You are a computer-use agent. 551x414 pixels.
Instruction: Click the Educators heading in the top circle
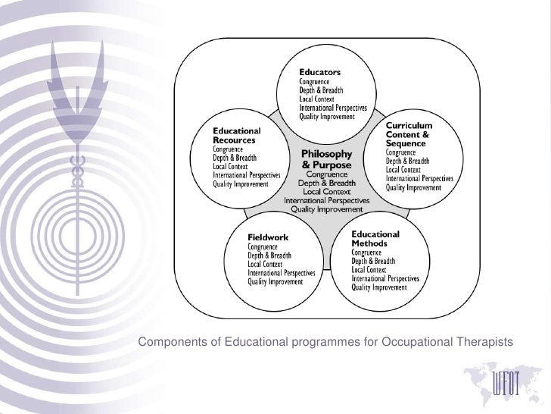[x=321, y=72]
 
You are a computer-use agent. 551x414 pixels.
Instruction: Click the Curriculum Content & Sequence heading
[x=409, y=133]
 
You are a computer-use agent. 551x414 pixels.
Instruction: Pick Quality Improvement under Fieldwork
[x=276, y=282]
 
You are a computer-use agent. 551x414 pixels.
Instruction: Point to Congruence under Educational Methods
[x=369, y=252]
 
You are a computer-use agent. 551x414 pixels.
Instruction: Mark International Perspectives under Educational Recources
[x=247, y=174]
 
